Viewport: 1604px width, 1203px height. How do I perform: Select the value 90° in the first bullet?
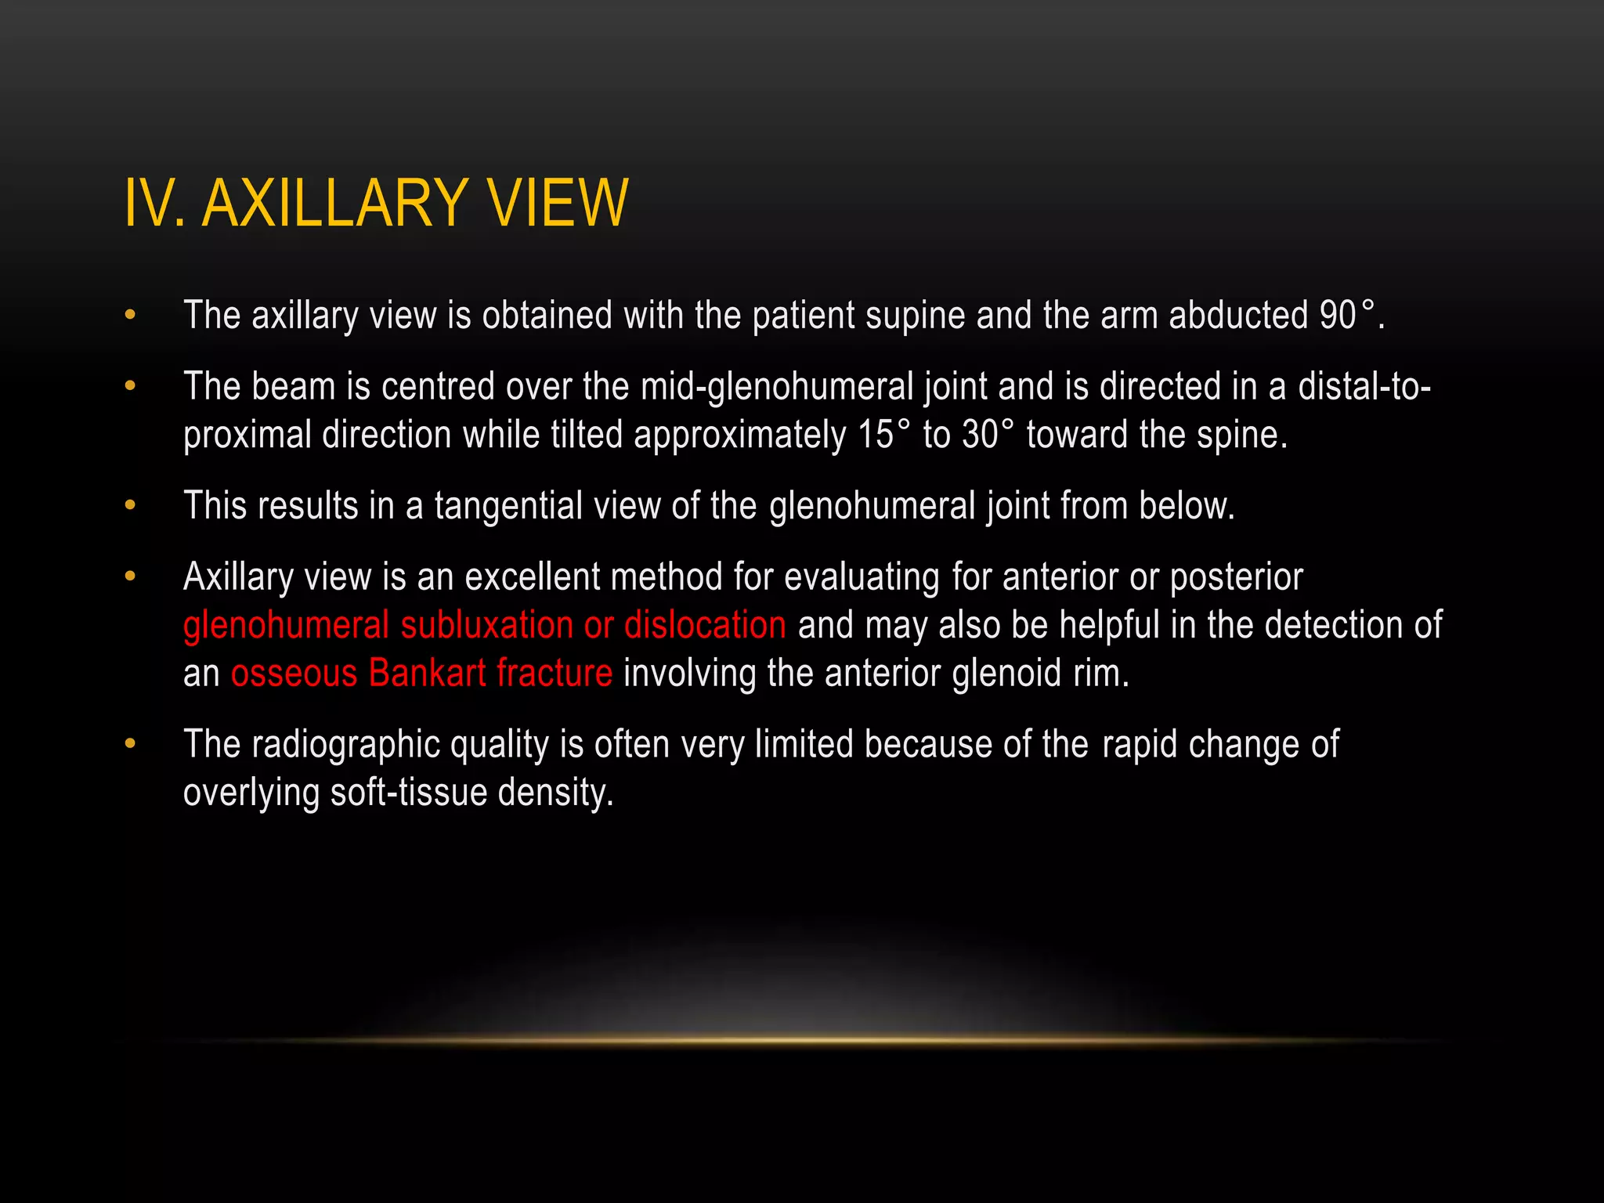pyautogui.click(x=1346, y=316)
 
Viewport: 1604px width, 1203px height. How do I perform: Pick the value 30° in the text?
pyautogui.click(x=988, y=435)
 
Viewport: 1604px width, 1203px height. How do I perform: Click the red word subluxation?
pyautogui.click(x=486, y=625)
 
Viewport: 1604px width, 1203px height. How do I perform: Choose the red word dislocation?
pyautogui.click(x=705, y=625)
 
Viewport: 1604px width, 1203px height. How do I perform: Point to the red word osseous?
pyautogui.click(x=294, y=674)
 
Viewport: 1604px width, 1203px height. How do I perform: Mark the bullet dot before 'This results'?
pyautogui.click(x=130, y=506)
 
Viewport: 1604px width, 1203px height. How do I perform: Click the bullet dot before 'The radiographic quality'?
pyautogui.click(x=130, y=744)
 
